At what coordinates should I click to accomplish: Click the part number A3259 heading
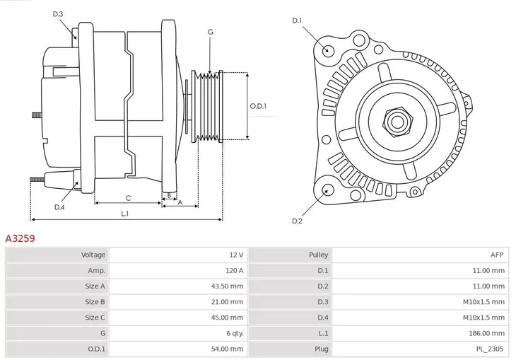click(x=20, y=238)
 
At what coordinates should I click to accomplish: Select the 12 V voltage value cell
click(x=235, y=255)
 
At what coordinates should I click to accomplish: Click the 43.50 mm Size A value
click(x=227, y=286)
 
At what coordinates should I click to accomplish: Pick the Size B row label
click(x=95, y=302)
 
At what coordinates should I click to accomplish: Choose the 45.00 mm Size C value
click(x=227, y=318)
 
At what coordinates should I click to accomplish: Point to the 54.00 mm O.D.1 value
click(x=227, y=349)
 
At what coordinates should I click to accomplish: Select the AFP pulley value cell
click(x=497, y=255)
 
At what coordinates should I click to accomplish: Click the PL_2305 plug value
click(x=490, y=349)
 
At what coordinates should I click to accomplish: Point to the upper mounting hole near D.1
click(x=327, y=50)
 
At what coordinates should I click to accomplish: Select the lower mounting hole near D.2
click(x=327, y=190)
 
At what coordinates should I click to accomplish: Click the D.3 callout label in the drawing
click(x=58, y=14)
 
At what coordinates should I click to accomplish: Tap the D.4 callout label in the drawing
click(x=59, y=207)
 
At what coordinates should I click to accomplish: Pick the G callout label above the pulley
click(x=210, y=33)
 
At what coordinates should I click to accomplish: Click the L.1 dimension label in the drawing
click(x=125, y=213)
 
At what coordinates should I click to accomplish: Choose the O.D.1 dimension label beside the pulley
click(x=259, y=106)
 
